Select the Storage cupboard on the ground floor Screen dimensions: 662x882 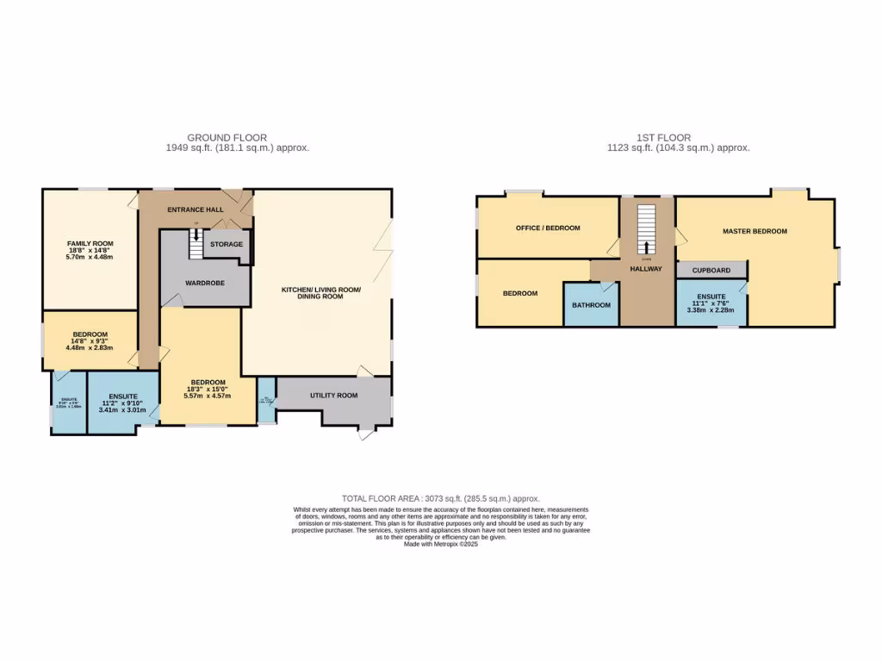tap(227, 244)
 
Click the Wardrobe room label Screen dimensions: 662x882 tap(205, 283)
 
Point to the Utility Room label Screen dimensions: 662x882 tap(334, 395)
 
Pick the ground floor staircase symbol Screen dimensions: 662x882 tap(197, 243)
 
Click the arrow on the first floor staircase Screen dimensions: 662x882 tap(646, 247)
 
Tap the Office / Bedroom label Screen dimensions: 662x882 tap(548, 228)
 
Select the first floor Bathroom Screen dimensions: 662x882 tap(591, 305)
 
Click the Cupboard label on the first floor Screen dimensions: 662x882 tap(711, 270)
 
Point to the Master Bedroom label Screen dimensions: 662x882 tap(755, 231)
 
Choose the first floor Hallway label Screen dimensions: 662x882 tap(646, 269)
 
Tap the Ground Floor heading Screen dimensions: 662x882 tap(227, 137)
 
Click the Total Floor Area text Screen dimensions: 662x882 tap(440, 498)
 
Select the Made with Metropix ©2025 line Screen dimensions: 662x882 tap(440, 544)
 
